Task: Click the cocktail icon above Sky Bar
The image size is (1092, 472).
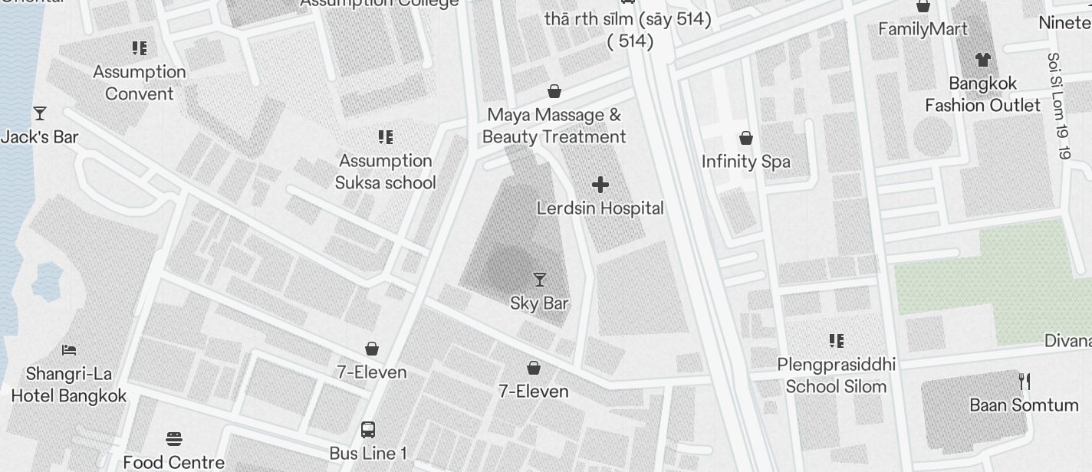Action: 540,280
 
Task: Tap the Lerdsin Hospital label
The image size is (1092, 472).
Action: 600,208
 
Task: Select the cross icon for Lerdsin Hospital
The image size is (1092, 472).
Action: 600,185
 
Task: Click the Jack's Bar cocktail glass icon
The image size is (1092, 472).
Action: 40,114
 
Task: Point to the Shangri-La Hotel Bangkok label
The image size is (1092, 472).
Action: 68,385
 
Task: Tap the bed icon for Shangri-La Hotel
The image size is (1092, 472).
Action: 69,350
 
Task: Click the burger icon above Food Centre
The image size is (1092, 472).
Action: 174,439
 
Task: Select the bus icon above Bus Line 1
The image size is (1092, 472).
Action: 368,429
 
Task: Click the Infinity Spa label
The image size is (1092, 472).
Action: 745,162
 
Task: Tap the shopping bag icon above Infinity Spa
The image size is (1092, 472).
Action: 745,139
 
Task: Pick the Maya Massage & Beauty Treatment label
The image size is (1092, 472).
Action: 554,126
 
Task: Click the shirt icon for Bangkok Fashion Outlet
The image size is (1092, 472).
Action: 982,60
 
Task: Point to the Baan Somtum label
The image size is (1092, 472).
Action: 1024,405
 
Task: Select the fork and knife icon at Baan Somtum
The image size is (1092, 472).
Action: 1024,381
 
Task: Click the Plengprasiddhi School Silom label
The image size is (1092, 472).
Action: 836,375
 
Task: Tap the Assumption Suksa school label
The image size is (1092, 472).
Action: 386,172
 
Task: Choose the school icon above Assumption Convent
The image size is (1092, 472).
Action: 140,48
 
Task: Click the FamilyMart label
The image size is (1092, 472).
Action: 923,29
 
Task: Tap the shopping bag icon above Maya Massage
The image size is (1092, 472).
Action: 554,92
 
